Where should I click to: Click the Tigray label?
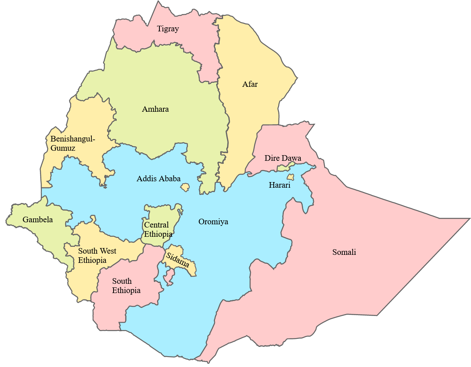click(168, 29)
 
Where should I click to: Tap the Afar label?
click(250, 84)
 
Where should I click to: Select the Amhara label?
click(155, 109)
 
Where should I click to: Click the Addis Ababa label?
click(159, 179)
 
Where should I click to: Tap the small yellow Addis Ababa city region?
click(185, 187)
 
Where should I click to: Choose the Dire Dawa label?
click(283, 158)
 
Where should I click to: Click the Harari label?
click(279, 185)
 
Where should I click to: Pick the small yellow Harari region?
click(290, 177)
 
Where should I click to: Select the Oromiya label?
click(213, 222)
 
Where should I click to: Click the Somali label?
click(344, 252)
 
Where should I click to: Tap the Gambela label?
click(38, 220)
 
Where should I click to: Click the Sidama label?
click(178, 260)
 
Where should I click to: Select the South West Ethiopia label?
click(97, 256)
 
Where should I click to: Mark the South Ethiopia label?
click(126, 286)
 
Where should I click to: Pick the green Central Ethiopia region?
click(161, 213)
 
